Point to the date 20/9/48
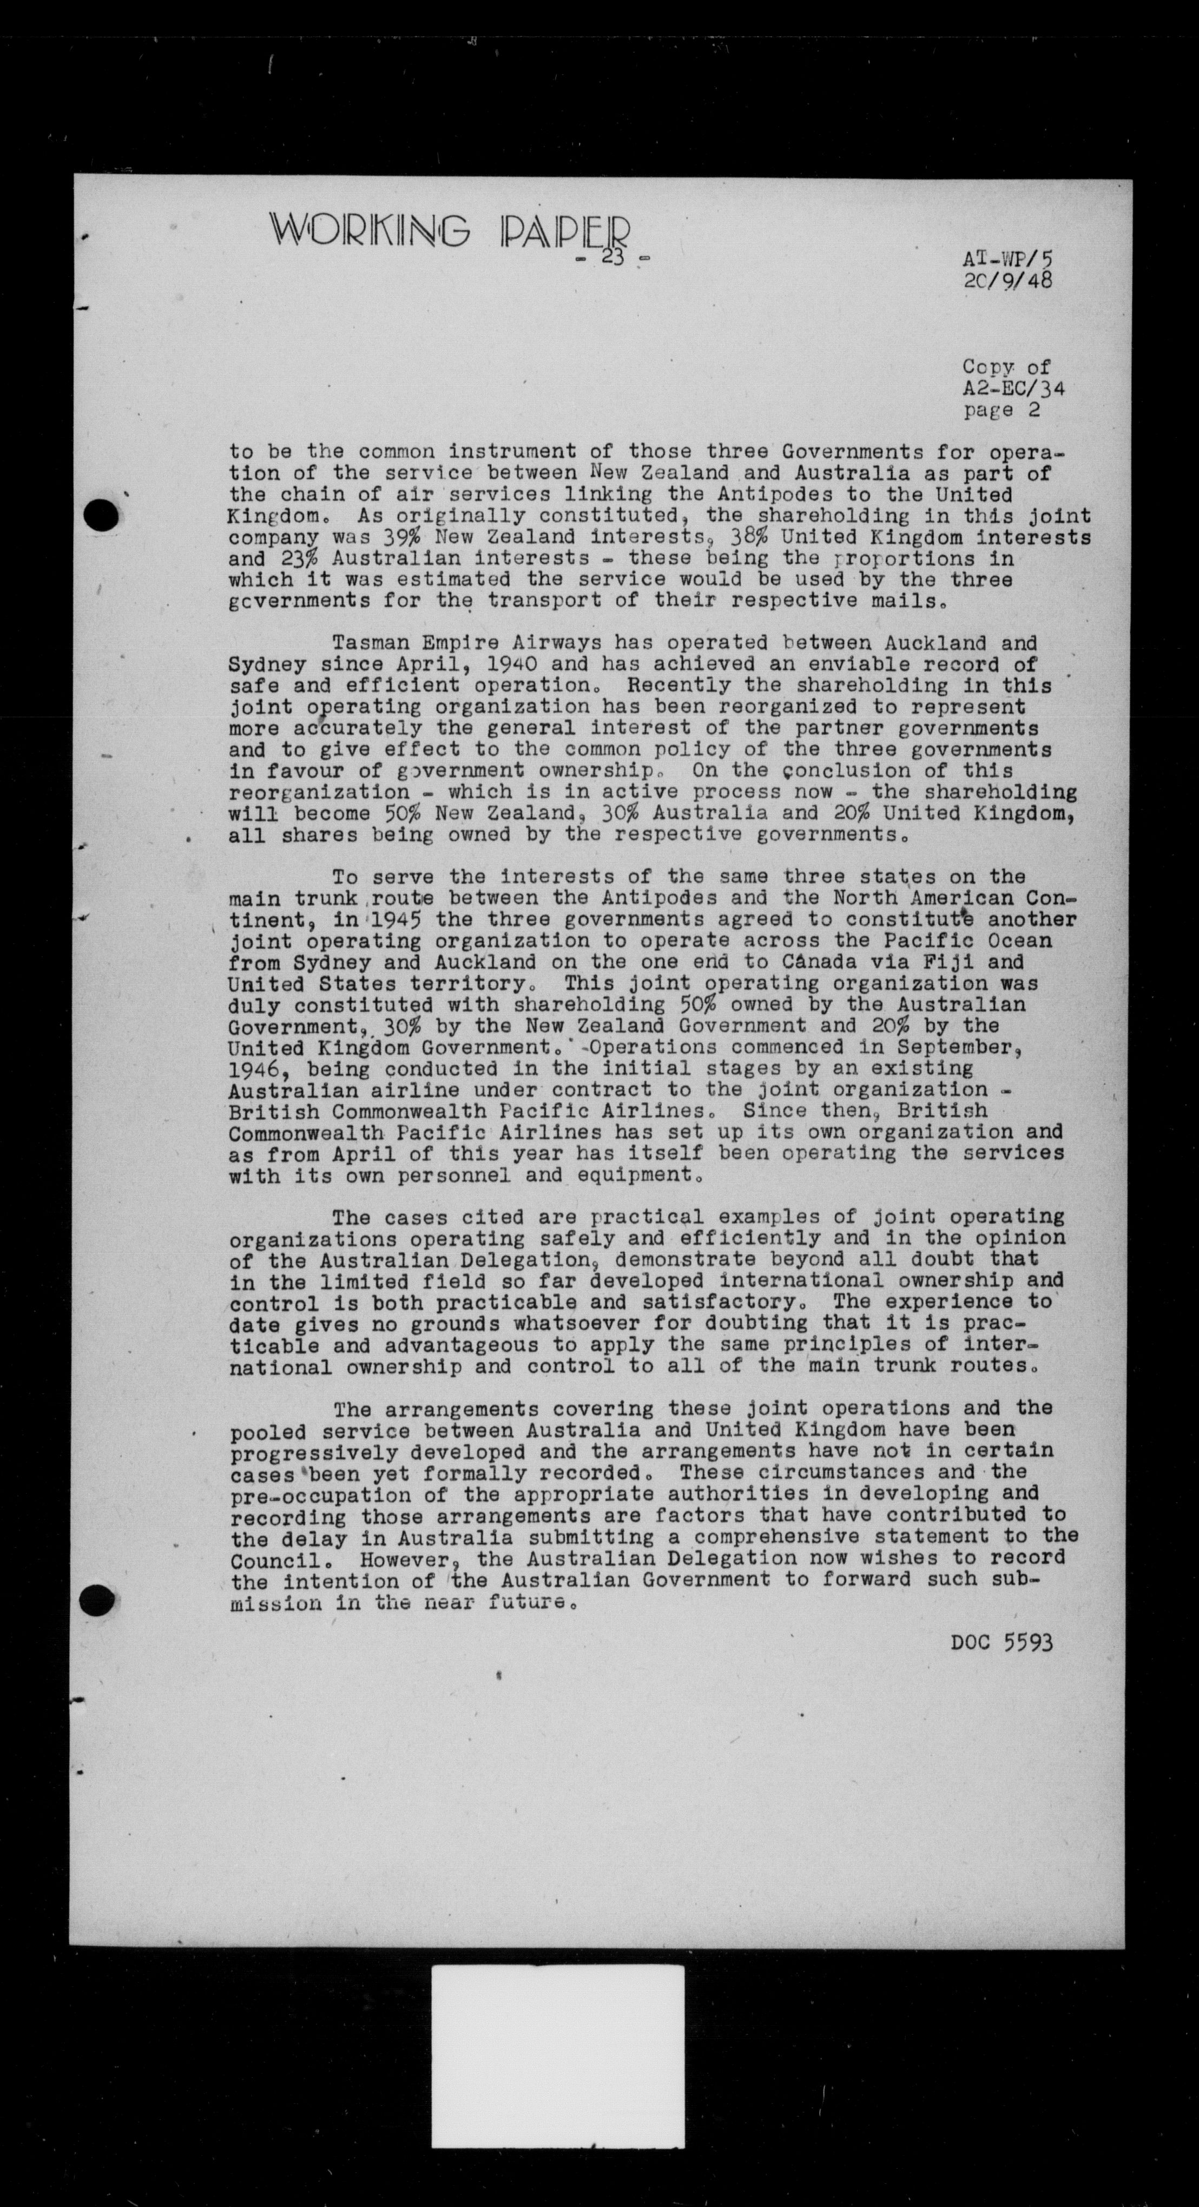[x=1007, y=280]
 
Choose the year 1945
[x=396, y=919]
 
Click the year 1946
[x=254, y=1069]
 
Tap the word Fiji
[x=947, y=962]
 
